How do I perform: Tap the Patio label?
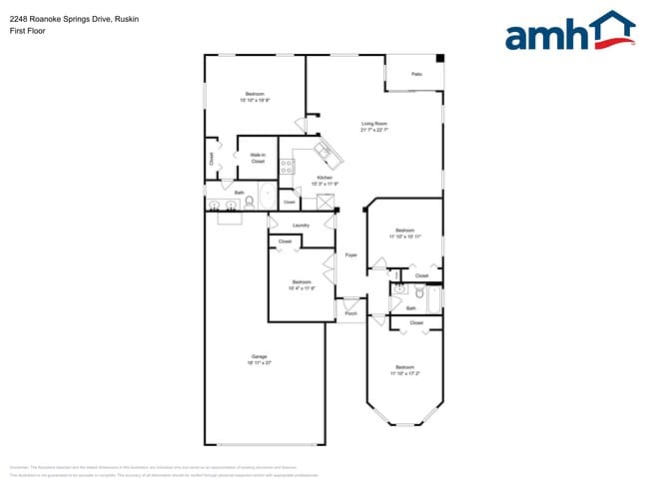tap(415, 74)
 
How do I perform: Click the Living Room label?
tap(372, 124)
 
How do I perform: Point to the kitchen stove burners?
tap(287, 167)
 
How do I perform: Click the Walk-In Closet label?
tap(257, 158)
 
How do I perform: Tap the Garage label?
tap(259, 357)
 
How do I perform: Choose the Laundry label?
tap(301, 226)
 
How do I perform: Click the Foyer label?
tap(350, 255)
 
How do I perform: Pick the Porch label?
tap(350, 314)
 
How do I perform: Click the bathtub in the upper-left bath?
tap(268, 196)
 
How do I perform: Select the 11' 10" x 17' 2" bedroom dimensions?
tap(404, 373)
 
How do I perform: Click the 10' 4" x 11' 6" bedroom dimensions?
tap(302, 288)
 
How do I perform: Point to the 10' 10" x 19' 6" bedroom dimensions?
tap(255, 100)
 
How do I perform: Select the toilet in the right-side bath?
tap(420, 294)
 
